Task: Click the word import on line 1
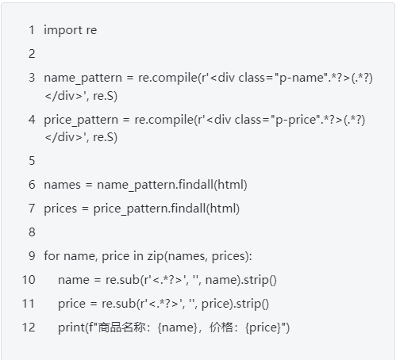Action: click(63, 30)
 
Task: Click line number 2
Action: click(32, 54)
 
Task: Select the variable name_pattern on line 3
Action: click(83, 79)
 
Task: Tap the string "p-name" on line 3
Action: click(301, 79)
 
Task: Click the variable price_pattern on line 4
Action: click(81, 120)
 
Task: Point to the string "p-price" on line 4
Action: click(298, 120)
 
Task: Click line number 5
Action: click(32, 161)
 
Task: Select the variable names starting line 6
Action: click(62, 185)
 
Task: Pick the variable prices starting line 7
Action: click(60, 209)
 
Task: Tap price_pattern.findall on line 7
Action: click(149, 209)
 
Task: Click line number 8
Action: click(32, 232)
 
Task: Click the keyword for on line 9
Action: click(52, 256)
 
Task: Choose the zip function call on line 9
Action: click(156, 256)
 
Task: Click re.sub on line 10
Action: click(122, 280)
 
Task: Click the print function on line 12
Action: click(71, 327)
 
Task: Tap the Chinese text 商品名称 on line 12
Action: click(122, 327)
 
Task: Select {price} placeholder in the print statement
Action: click(263, 327)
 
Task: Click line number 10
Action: click(29, 280)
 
